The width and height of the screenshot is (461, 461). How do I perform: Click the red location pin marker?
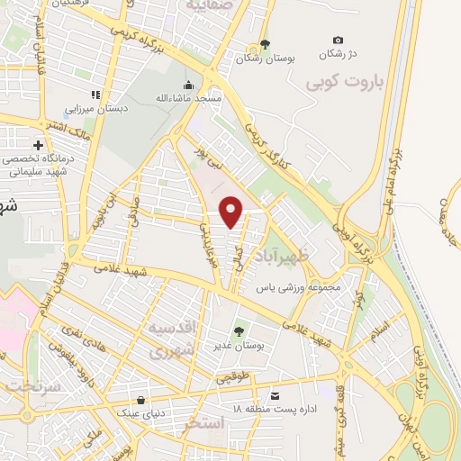[232, 212]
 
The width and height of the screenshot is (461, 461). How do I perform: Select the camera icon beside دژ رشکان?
[338, 40]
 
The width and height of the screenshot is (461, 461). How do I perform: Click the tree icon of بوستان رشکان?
[263, 43]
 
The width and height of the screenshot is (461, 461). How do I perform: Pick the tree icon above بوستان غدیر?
[240, 331]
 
